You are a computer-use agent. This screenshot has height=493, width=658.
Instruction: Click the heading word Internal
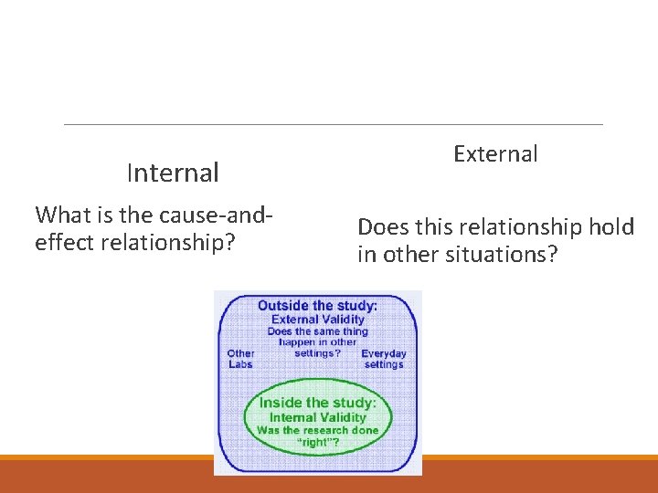pyautogui.click(x=173, y=173)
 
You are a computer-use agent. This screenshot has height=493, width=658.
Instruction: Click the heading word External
pyautogui.click(x=495, y=153)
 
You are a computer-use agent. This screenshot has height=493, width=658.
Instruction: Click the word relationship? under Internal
pyautogui.click(x=174, y=243)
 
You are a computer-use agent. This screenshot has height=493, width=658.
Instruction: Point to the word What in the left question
pyautogui.click(x=60, y=215)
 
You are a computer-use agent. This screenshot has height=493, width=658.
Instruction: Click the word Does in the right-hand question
pyautogui.click(x=384, y=226)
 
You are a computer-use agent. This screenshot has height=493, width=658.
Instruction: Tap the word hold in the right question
pyautogui.click(x=610, y=226)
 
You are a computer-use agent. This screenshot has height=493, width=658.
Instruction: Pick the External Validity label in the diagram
pyautogui.click(x=317, y=319)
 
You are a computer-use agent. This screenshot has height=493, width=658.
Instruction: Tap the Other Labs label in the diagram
pyautogui.click(x=240, y=359)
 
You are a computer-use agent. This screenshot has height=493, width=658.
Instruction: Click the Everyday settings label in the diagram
pyautogui.click(x=384, y=359)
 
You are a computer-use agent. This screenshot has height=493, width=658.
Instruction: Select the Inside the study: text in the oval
pyautogui.click(x=317, y=403)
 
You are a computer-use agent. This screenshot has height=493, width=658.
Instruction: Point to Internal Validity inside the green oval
pyautogui.click(x=317, y=417)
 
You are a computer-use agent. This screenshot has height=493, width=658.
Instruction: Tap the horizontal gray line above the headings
pyautogui.click(x=334, y=124)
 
